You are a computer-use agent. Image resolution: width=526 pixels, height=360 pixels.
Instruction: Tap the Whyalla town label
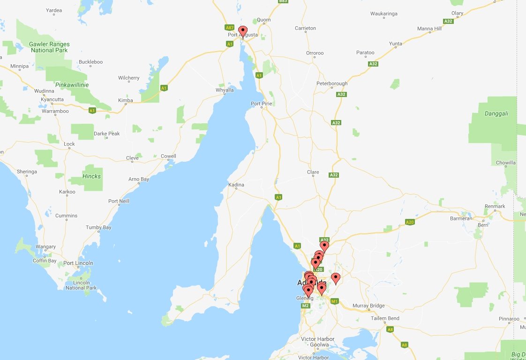(224, 90)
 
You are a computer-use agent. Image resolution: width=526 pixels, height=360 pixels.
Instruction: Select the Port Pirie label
(262, 104)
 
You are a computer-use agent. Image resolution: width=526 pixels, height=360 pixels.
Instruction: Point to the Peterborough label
(332, 84)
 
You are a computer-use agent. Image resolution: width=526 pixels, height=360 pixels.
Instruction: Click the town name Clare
(313, 172)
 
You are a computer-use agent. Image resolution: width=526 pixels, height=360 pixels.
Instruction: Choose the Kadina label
(236, 185)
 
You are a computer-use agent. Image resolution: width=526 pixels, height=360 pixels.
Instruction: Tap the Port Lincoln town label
(78, 263)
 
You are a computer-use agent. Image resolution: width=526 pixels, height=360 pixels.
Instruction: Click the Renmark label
(495, 206)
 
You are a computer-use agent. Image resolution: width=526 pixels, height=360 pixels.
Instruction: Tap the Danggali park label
(496, 113)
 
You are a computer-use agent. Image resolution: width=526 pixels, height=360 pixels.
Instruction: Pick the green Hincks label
(91, 176)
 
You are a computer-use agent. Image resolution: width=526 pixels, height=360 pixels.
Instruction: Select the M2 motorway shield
(305, 306)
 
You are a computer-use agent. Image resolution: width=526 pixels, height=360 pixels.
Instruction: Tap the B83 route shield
(283, 1)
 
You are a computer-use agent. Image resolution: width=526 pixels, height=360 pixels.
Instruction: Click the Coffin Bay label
(45, 261)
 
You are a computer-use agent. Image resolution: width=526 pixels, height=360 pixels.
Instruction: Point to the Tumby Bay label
(98, 227)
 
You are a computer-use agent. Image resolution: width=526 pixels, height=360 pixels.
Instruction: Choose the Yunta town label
(395, 44)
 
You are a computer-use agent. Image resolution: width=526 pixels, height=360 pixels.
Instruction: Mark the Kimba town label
(125, 100)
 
